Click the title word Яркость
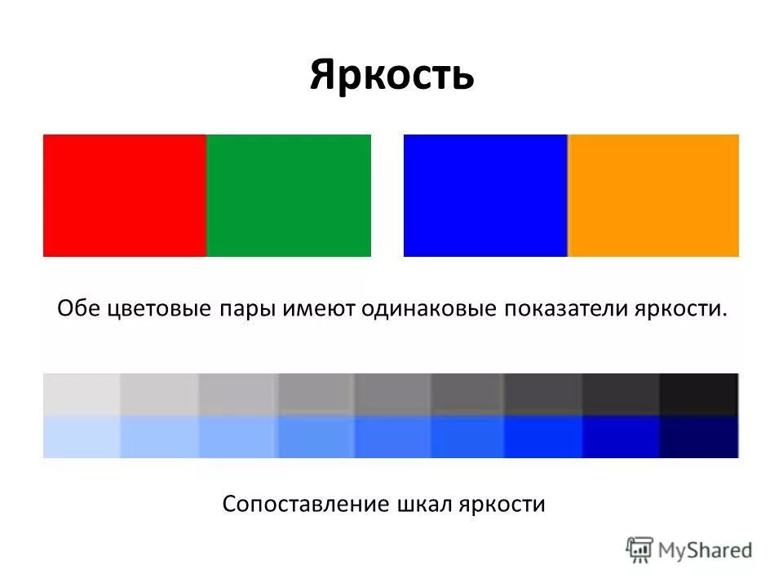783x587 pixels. (391, 75)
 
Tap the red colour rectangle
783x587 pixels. (124, 196)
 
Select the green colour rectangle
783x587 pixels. (289, 196)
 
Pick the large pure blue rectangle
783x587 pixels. (485, 196)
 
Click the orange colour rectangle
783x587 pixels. (653, 196)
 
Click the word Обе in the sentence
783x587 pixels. (77, 310)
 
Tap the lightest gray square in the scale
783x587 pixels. (81, 394)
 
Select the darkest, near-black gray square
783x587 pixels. (699, 394)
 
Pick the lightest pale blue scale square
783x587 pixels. (81, 437)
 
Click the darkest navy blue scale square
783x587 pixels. (699, 437)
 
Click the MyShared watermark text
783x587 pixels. (706, 550)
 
